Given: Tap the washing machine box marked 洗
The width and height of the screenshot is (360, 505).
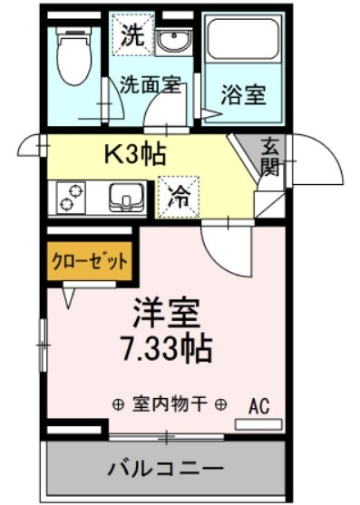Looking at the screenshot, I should [x=131, y=39].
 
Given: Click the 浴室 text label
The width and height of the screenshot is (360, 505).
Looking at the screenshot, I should [x=244, y=92].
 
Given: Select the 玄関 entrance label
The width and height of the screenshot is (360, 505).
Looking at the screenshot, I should [x=271, y=157].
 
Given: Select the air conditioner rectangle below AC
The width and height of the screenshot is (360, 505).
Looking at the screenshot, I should [x=258, y=424].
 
